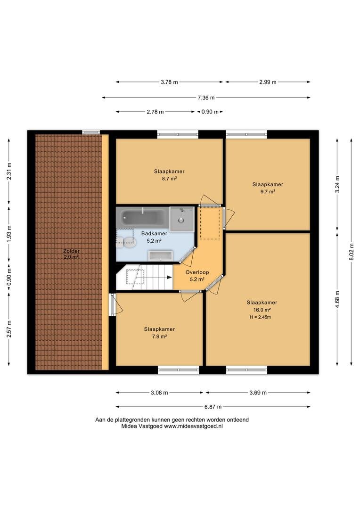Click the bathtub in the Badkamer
point(142,217)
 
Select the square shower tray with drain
point(181,219)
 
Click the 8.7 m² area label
point(169,179)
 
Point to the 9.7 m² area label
point(268,191)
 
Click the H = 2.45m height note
point(260,317)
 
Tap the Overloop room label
point(197,272)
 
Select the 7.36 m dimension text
point(206,98)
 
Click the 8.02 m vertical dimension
point(352,252)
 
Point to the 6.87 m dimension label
point(213,407)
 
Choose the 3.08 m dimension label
point(159,393)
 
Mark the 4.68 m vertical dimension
point(337,299)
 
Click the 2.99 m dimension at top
point(268,82)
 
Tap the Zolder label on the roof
point(72,251)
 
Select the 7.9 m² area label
point(159,337)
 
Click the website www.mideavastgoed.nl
point(193,427)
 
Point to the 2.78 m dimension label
point(155,112)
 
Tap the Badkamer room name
point(154,233)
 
